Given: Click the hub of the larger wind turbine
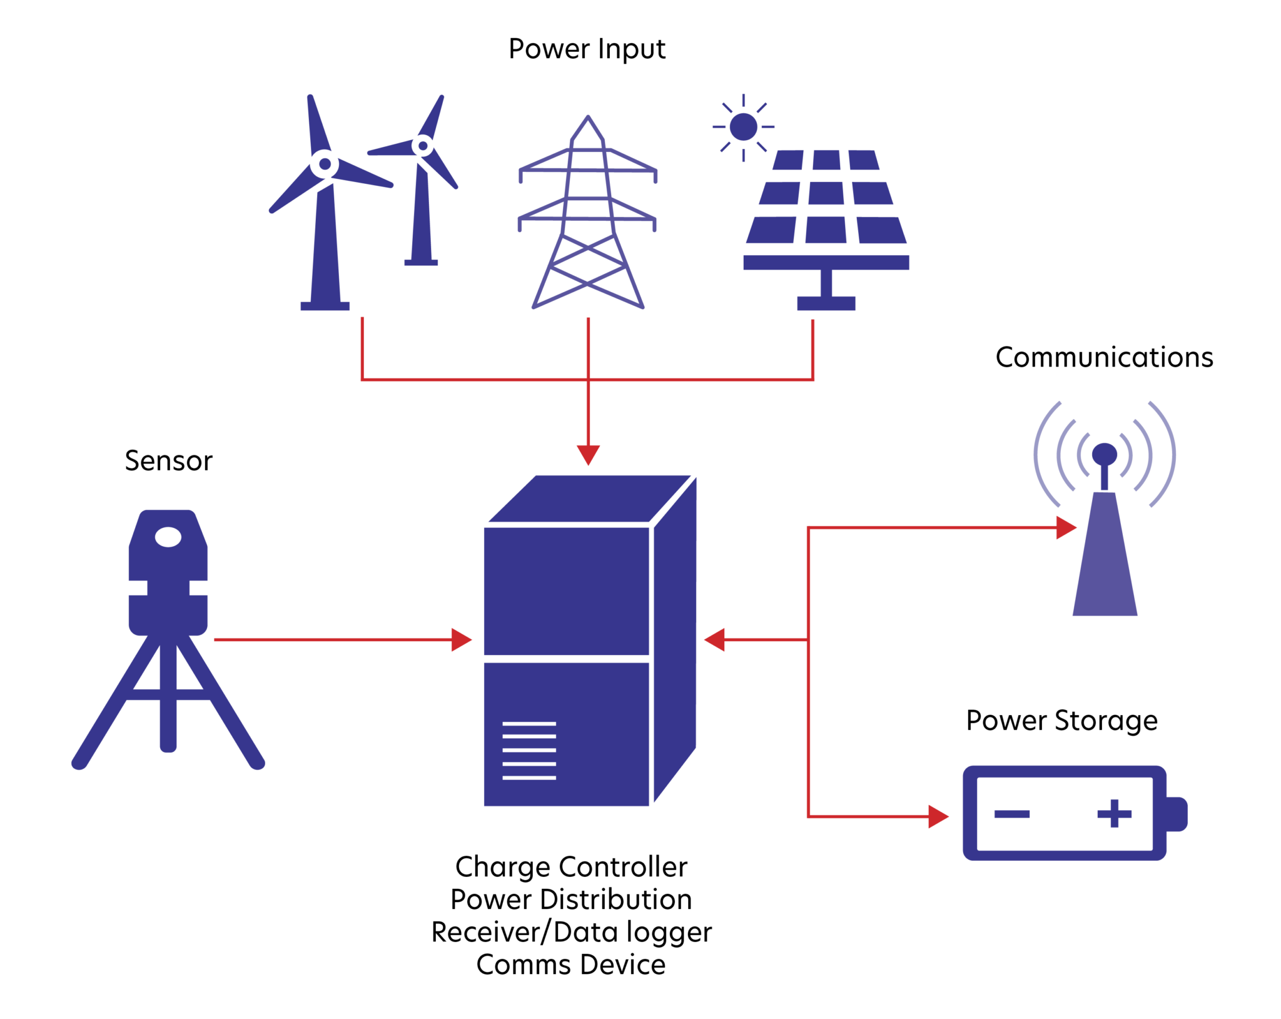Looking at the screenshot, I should tap(325, 165).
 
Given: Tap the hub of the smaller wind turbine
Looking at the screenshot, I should tap(423, 146).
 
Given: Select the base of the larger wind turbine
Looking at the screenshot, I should tap(325, 306).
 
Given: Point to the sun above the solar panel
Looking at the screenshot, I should tap(743, 127).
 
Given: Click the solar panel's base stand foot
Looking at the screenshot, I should tap(826, 303).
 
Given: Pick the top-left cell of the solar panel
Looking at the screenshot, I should tap(788, 160).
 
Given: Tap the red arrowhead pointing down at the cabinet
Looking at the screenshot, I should tap(588, 454).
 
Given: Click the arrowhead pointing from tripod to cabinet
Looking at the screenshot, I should tap(462, 640).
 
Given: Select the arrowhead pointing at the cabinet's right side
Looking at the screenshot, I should tap(714, 640).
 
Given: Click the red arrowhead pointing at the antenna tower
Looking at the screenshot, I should tap(1066, 527).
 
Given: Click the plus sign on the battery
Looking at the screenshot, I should tap(1114, 814).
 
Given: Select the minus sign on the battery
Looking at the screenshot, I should tap(1011, 814).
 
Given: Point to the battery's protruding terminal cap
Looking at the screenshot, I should tap(1177, 814).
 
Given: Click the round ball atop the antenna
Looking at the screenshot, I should tap(1104, 453).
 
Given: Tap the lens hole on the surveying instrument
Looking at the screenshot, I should tap(168, 537).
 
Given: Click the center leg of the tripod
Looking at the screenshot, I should tap(168, 701).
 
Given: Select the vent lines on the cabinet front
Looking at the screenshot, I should tap(529, 750).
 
